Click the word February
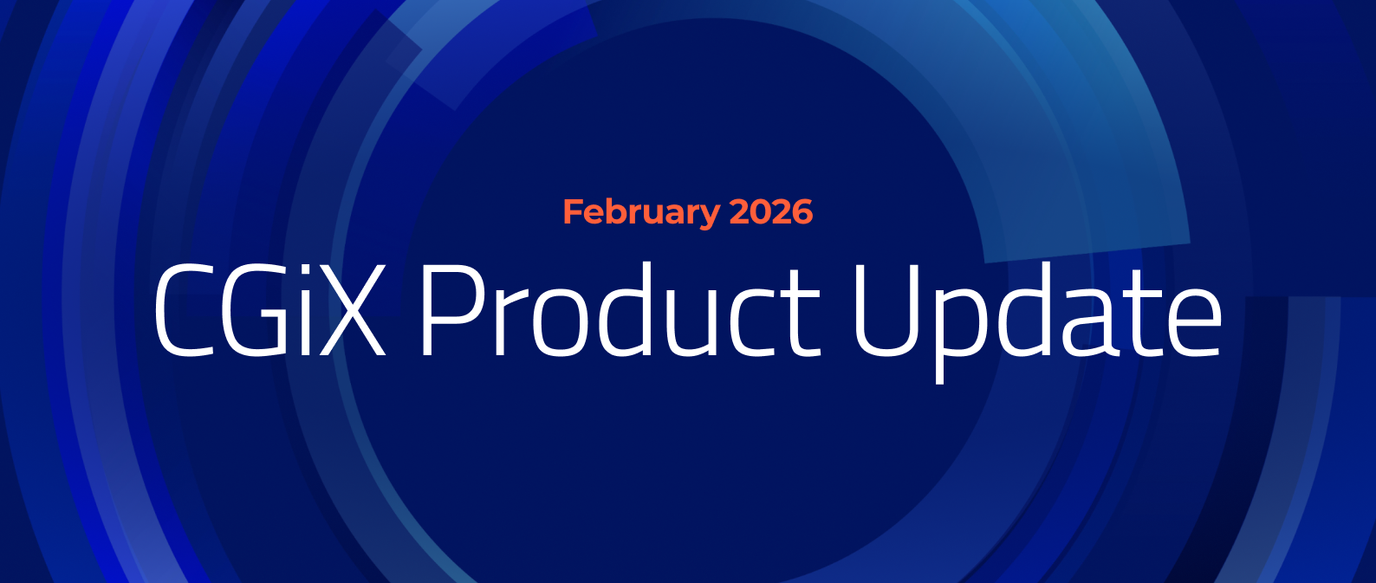point(641,213)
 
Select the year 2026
point(771,211)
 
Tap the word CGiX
point(269,309)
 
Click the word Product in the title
point(620,309)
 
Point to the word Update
point(1037,317)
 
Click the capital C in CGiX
point(183,310)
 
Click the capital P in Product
point(451,310)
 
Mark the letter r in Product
point(512,321)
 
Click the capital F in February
point(574,212)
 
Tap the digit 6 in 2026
point(802,212)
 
